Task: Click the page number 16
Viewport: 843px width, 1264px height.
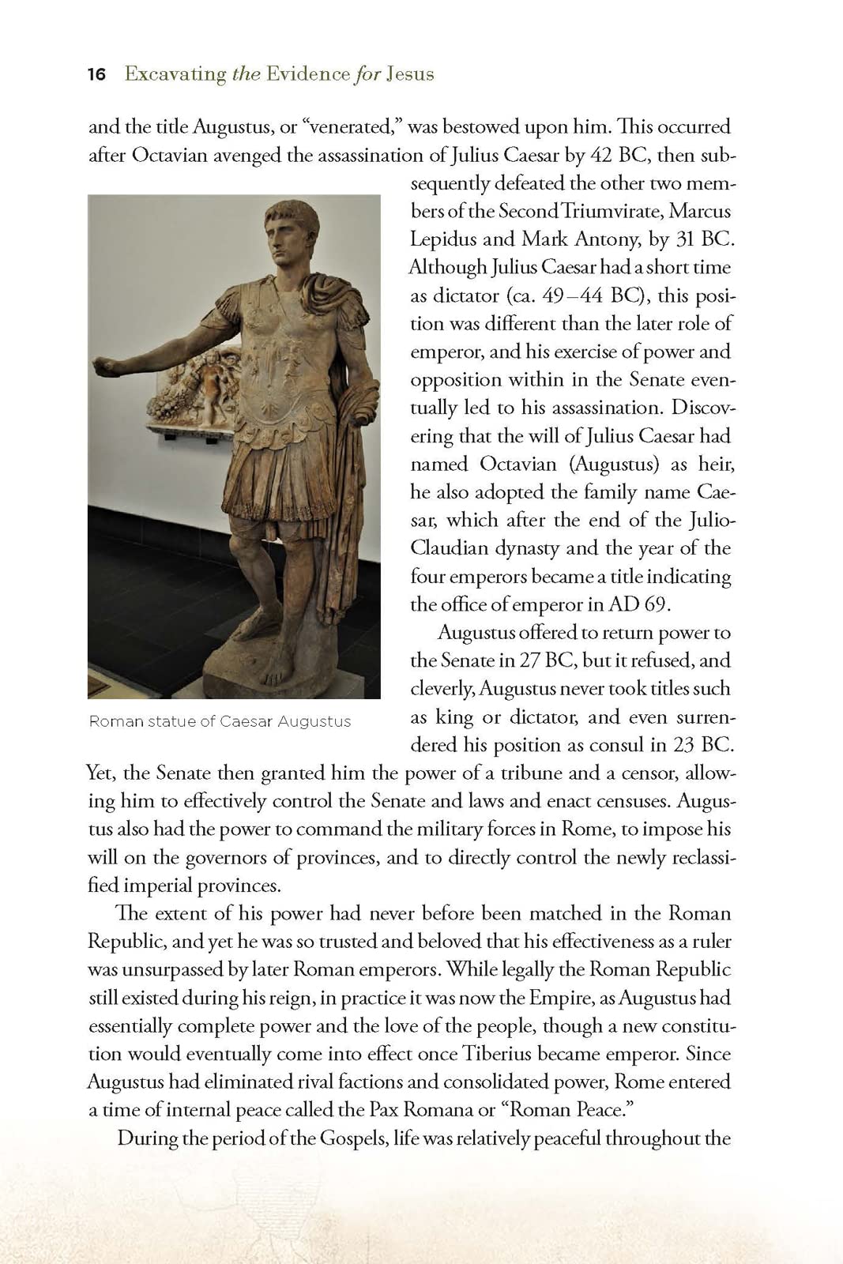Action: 96,74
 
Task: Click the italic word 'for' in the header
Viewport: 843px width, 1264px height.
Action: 367,74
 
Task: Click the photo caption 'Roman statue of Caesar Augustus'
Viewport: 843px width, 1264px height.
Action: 220,721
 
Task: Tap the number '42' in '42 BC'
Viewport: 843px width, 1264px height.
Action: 603,155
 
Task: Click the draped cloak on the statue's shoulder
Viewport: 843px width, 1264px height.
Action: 332,292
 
